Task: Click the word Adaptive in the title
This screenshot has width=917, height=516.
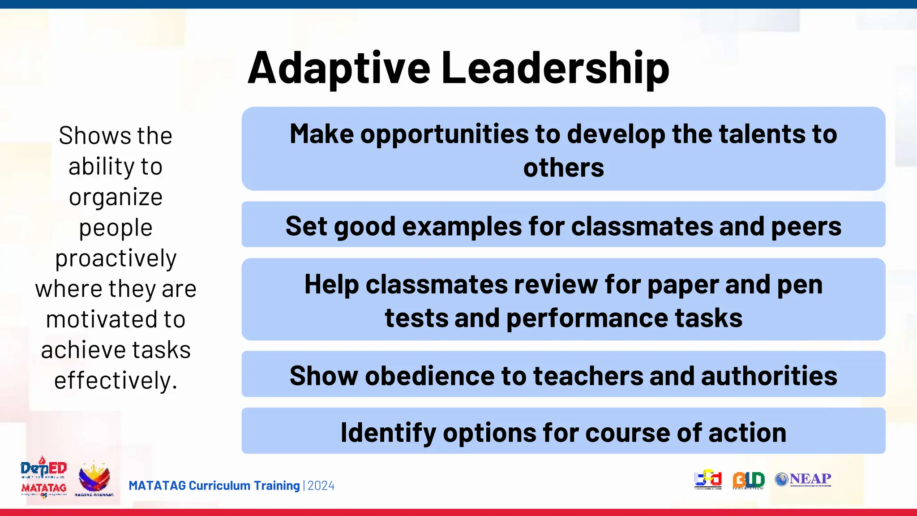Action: [339, 68]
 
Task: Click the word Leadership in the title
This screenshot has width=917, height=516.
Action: [555, 68]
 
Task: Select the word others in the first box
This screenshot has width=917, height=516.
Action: [563, 168]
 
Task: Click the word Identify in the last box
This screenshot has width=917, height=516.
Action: [388, 433]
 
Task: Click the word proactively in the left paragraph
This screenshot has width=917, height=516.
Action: [116, 258]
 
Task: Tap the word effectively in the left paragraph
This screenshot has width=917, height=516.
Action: [115, 381]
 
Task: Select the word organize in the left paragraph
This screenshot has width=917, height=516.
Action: [116, 197]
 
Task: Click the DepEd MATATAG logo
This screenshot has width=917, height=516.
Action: [43, 477]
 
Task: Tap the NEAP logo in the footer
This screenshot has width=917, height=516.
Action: [803, 479]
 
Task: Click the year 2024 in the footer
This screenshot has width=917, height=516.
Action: [321, 486]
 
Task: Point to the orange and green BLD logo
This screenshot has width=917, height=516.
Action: [748, 480]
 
